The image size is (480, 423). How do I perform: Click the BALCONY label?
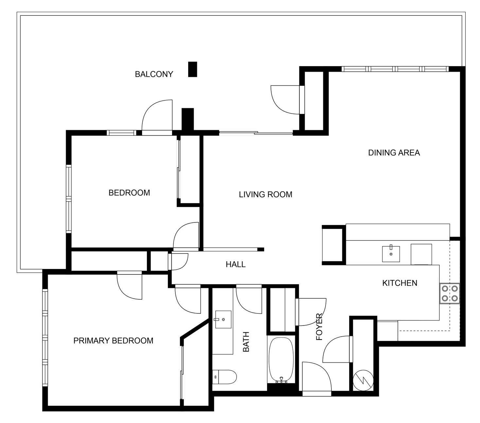click(154, 74)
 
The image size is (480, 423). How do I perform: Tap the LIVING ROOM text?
click(265, 195)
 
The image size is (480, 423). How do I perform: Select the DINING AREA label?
click(394, 153)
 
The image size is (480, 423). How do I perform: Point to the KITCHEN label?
click(400, 283)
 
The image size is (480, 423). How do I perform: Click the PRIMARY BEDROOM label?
click(113, 341)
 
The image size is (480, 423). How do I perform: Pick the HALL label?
click(235, 264)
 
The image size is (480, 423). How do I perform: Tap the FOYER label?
click(319, 327)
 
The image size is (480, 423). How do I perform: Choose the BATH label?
click(246, 342)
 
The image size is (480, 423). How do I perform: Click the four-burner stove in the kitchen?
click(450, 293)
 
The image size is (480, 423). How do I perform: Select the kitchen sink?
click(391, 254)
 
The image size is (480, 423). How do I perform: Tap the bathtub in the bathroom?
click(281, 360)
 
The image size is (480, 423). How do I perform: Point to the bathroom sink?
click(223, 319)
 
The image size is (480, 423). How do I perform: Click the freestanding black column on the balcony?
click(192, 69)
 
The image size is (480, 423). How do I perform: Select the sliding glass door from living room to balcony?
click(256, 133)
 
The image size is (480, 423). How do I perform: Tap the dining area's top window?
click(395, 69)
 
